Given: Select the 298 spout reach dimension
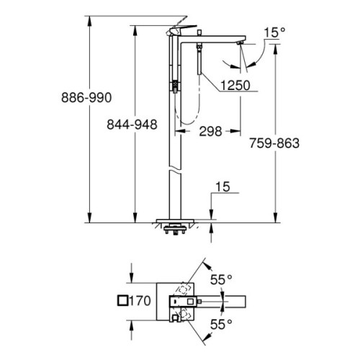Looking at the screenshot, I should pos(210,131).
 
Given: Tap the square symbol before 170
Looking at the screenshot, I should pos(122,302).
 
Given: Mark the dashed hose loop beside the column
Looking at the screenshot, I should pos(184,115).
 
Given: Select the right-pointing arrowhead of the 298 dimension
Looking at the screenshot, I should pos(237,131).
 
